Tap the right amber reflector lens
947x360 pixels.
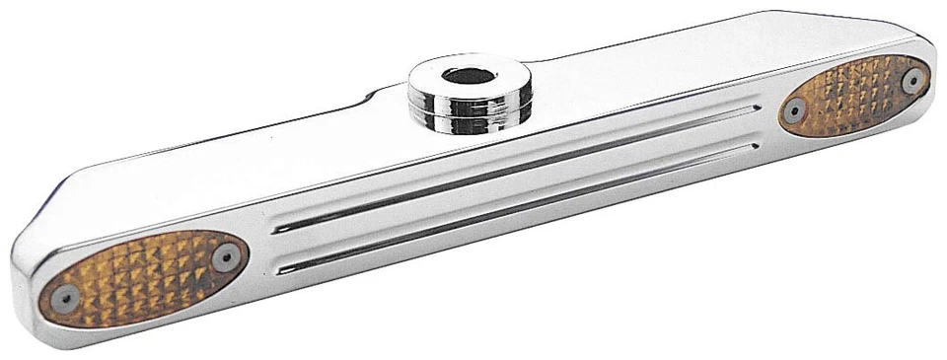coord(854,96)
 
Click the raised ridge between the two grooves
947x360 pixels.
coord(513,187)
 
